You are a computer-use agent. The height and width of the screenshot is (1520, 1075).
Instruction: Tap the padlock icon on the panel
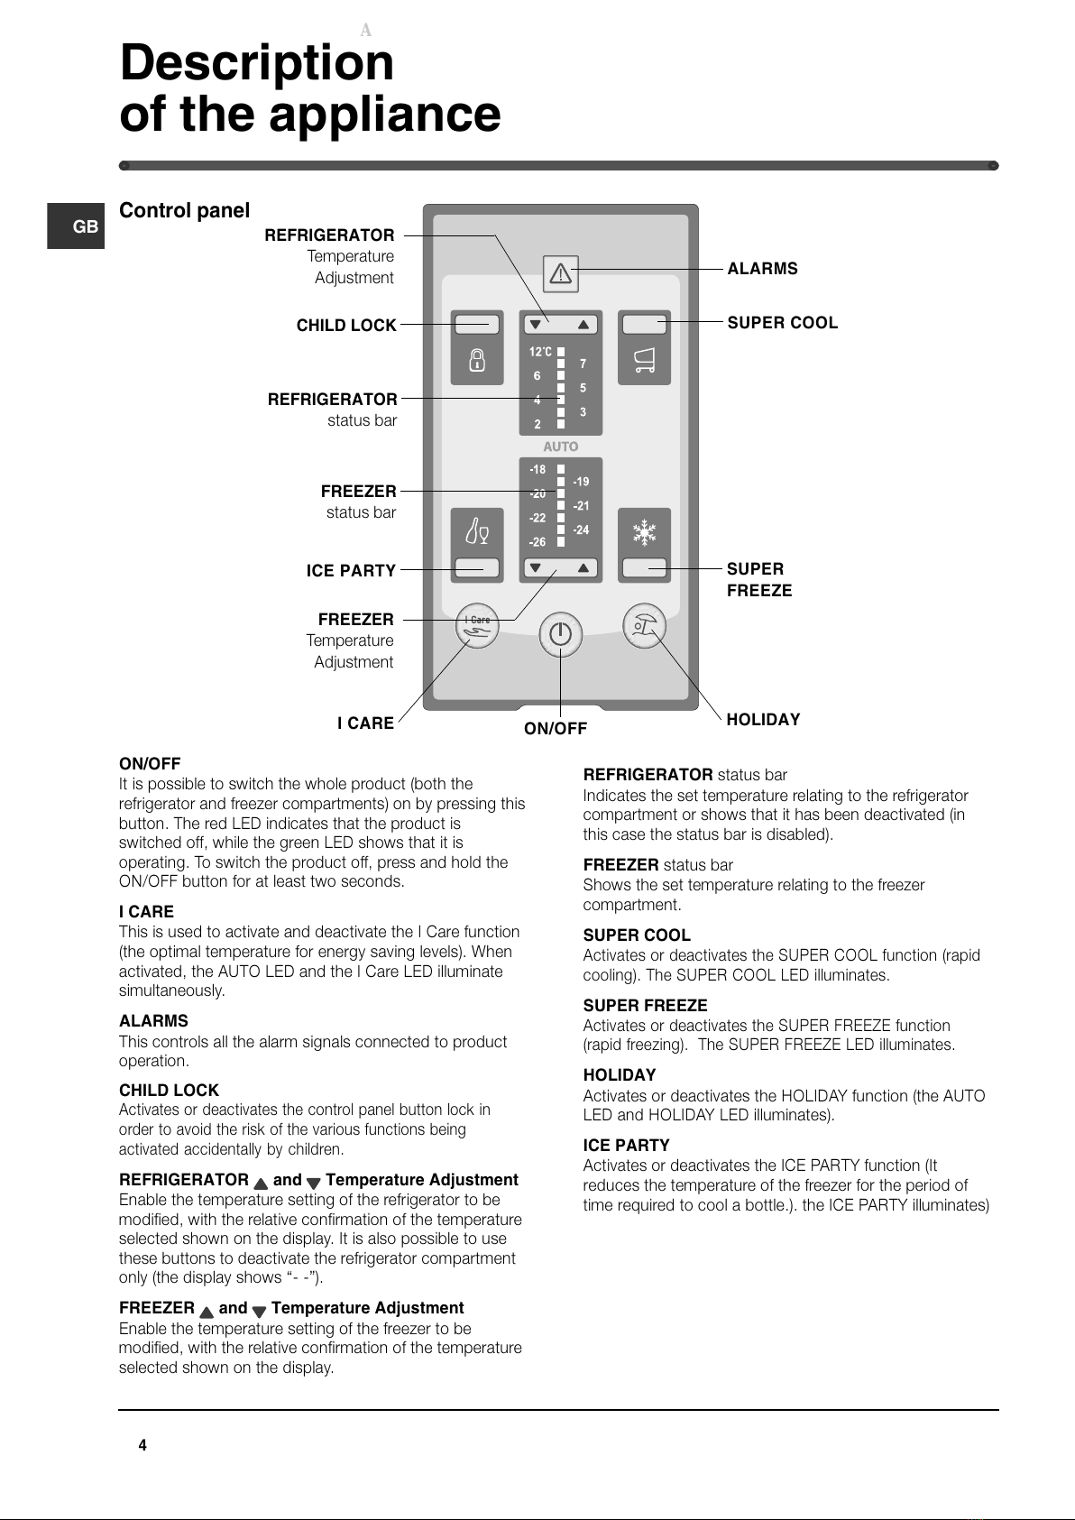[477, 360]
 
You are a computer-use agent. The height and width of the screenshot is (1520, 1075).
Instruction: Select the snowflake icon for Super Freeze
[644, 532]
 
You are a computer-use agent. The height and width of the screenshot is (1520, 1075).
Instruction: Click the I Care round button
[478, 625]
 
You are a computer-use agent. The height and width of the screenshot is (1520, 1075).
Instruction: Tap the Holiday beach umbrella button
[644, 625]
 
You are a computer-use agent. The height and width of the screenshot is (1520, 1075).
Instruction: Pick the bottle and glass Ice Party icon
[477, 532]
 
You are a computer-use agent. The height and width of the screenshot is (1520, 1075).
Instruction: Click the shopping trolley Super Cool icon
[644, 361]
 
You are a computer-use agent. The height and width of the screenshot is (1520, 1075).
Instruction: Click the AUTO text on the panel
[560, 447]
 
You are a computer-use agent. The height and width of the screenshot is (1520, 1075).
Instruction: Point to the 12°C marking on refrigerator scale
[540, 352]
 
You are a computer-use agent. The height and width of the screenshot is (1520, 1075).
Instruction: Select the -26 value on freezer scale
[537, 542]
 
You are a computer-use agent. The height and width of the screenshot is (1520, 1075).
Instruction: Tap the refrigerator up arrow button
[583, 325]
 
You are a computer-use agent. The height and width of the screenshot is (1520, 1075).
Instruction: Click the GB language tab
[85, 226]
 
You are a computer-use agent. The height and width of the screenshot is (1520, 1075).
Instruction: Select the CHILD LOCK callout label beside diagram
[346, 326]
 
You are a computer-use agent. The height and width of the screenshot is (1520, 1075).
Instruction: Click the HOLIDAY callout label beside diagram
[763, 720]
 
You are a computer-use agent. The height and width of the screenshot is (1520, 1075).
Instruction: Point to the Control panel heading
[184, 211]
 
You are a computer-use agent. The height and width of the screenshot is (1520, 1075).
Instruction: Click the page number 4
[142, 1445]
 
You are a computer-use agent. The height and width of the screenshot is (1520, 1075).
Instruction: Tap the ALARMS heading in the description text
[153, 1021]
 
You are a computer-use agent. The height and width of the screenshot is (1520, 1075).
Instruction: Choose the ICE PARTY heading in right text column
[626, 1146]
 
